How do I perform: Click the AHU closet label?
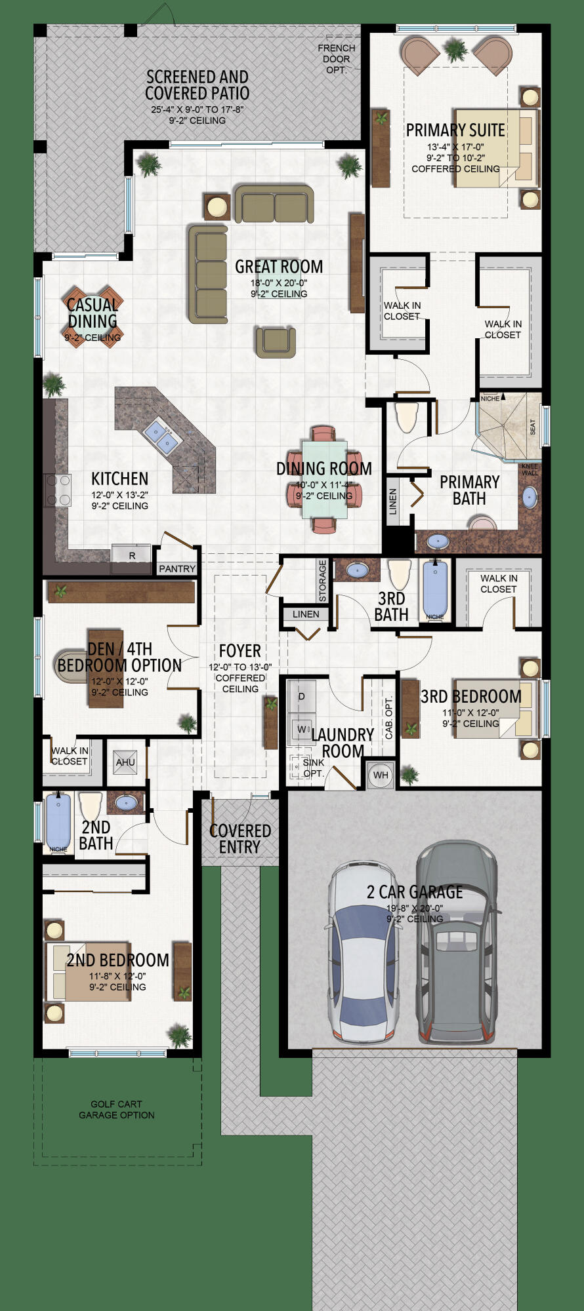pyautogui.click(x=125, y=762)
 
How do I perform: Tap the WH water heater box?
pyautogui.click(x=381, y=775)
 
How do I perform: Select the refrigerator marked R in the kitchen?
pyautogui.click(x=132, y=555)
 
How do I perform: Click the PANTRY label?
pyautogui.click(x=177, y=568)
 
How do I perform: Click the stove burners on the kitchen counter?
pyautogui.click(x=58, y=490)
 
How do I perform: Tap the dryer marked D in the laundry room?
pyautogui.click(x=302, y=696)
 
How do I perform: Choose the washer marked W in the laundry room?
pyautogui.click(x=302, y=729)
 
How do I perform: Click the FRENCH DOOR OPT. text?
pyautogui.click(x=337, y=58)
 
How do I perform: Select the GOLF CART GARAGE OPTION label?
pyautogui.click(x=117, y=1109)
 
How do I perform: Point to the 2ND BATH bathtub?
pyautogui.click(x=58, y=822)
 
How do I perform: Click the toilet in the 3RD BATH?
pyautogui.click(x=399, y=574)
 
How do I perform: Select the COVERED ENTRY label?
pyautogui.click(x=240, y=838)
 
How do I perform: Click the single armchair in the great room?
pyautogui.click(x=276, y=342)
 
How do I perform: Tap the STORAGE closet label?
pyautogui.click(x=322, y=580)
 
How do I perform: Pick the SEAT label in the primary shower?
pyautogui.click(x=532, y=427)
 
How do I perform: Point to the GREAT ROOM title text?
pyautogui.click(x=279, y=267)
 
